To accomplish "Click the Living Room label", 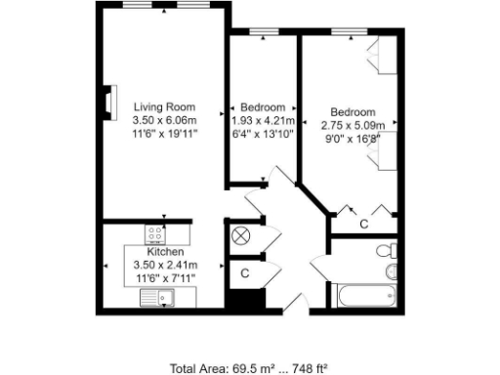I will [164, 106].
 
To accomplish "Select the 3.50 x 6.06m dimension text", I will [164, 120].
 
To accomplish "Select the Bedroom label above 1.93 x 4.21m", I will [262, 107].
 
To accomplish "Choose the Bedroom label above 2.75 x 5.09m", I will [353, 111].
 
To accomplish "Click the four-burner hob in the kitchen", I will [155, 233].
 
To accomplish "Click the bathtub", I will [363, 296].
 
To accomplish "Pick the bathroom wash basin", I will [392, 271].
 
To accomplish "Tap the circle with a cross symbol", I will [241, 235].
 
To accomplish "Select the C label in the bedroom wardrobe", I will [363, 225].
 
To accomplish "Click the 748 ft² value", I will [312, 368].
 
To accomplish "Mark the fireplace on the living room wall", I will [108, 102].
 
